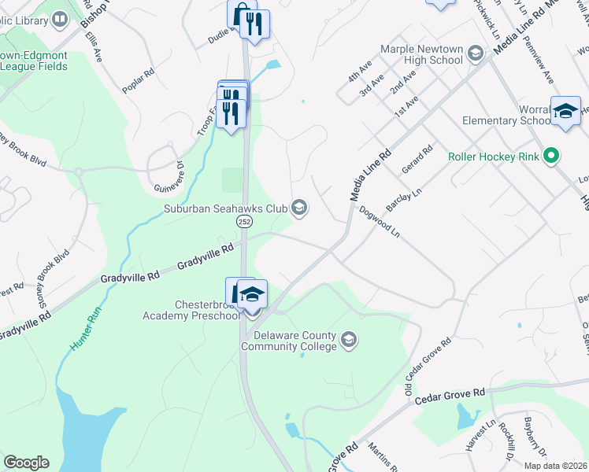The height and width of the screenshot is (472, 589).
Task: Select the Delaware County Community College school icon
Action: coord(349,341)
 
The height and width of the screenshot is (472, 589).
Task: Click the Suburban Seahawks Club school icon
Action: coord(298,208)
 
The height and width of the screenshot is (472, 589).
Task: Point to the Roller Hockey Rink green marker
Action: coord(552,157)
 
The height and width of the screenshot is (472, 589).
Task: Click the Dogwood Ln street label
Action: coord(380,221)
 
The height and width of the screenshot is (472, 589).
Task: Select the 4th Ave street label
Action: coord(359,72)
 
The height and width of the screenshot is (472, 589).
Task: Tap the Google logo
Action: coord(26,463)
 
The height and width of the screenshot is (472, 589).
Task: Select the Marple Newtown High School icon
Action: coord(475,53)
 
